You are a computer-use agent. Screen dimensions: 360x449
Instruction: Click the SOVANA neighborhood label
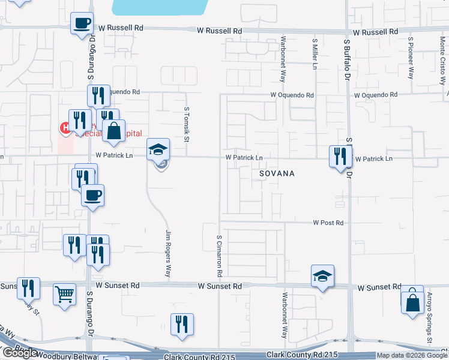pos(277,173)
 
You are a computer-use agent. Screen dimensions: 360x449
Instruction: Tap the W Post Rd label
pos(328,223)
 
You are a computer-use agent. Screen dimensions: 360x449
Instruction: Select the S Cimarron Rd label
pos(220,256)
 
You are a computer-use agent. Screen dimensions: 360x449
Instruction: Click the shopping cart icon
pos(64,294)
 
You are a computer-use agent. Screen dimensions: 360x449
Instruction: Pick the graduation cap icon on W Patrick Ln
pos(159,149)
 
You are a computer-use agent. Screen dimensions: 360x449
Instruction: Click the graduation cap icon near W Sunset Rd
pos(322,276)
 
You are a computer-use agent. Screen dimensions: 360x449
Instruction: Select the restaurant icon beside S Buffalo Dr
pos(340,157)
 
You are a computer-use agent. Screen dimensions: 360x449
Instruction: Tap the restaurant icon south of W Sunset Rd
pos(182,324)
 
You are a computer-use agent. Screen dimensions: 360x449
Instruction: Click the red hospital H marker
pos(63,127)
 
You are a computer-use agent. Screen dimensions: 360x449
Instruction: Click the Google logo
pos(20,353)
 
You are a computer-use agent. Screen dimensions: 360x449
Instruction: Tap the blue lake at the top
pos(158,7)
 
